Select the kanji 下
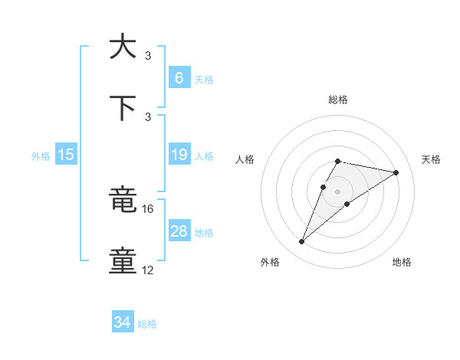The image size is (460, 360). click(x=123, y=108)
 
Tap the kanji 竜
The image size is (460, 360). click(x=123, y=201)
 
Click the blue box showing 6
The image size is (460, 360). click(x=179, y=77)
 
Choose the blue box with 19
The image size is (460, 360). click(x=179, y=155)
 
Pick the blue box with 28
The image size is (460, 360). click(x=179, y=231)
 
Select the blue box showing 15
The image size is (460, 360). click(x=66, y=155)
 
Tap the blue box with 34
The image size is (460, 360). click(x=123, y=323)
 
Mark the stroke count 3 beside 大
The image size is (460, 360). click(x=148, y=56)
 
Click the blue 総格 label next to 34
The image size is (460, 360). click(x=147, y=324)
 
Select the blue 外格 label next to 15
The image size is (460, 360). click(x=41, y=155)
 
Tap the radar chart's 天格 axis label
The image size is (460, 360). click(x=431, y=159)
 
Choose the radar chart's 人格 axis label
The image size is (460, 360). click(x=245, y=159)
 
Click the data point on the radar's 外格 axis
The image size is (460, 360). click(x=302, y=242)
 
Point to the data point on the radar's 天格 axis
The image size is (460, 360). click(x=396, y=172)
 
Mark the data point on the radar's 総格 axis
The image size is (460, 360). click(x=338, y=161)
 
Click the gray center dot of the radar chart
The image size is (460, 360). click(x=338, y=191)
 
